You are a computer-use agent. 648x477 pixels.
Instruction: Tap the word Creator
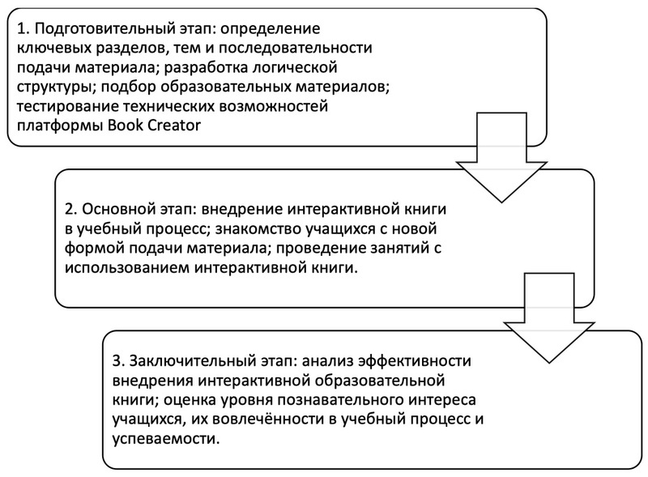click(x=174, y=125)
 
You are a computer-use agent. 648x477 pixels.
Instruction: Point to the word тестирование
click(x=68, y=106)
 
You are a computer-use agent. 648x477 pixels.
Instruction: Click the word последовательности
click(x=296, y=49)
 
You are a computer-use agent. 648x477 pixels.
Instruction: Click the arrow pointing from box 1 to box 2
click(x=501, y=157)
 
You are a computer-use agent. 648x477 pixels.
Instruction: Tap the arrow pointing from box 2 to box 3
click(x=549, y=317)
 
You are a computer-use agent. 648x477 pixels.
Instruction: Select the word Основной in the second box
click(x=118, y=209)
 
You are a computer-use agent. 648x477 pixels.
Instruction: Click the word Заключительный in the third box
click(x=191, y=361)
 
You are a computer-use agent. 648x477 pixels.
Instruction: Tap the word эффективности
click(x=415, y=361)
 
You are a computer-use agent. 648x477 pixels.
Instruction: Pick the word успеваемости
click(x=166, y=438)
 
